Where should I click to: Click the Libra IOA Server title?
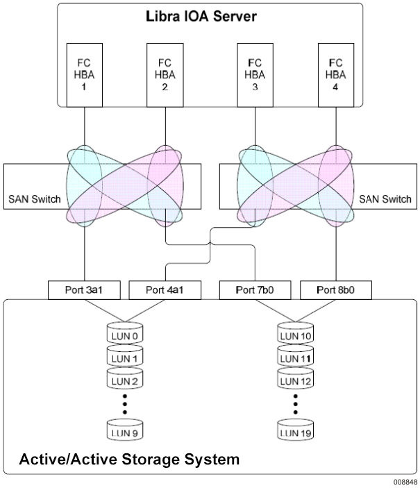coord(210,17)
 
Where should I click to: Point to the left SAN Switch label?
coord(33,199)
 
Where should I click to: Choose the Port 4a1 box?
coord(165,289)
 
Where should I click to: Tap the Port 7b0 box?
coord(254,289)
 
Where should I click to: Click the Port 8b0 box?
coord(335,289)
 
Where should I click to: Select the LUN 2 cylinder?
coord(124,381)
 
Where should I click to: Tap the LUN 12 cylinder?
coord(294,381)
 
